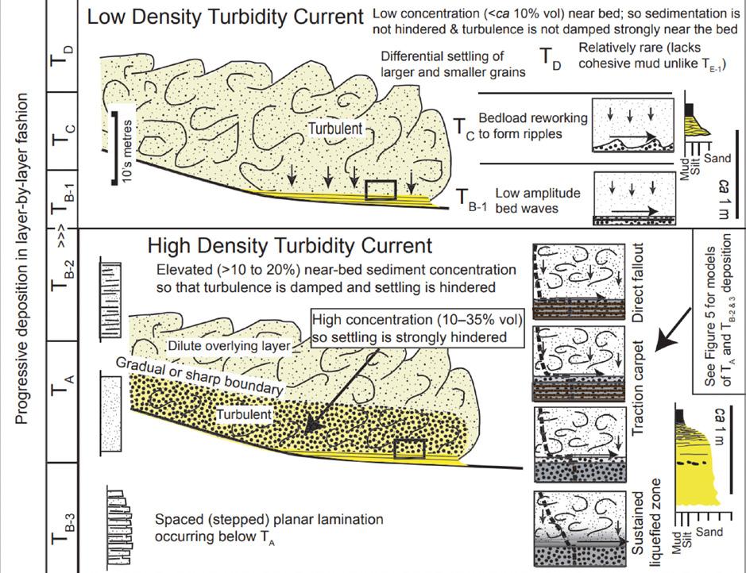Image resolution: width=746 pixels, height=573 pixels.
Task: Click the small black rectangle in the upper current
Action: point(380,190)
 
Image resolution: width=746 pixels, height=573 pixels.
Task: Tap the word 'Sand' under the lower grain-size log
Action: point(710,532)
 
